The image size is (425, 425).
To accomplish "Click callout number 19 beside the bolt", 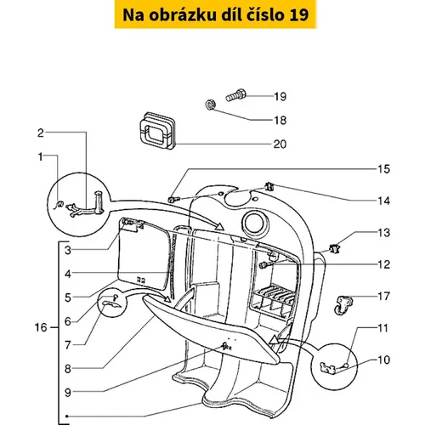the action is [280, 97].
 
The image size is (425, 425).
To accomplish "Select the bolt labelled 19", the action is [236, 95].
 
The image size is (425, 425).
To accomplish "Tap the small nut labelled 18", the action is [210, 105].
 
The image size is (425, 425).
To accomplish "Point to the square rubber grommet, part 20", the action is [158, 131].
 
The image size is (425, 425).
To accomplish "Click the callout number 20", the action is [280, 144].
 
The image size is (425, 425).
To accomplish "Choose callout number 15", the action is [384, 169].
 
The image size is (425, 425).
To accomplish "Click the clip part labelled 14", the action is [269, 187].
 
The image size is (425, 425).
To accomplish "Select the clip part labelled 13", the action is [334, 248].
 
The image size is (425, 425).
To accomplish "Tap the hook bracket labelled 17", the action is [343, 305].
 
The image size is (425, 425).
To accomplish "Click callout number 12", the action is [384, 264].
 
